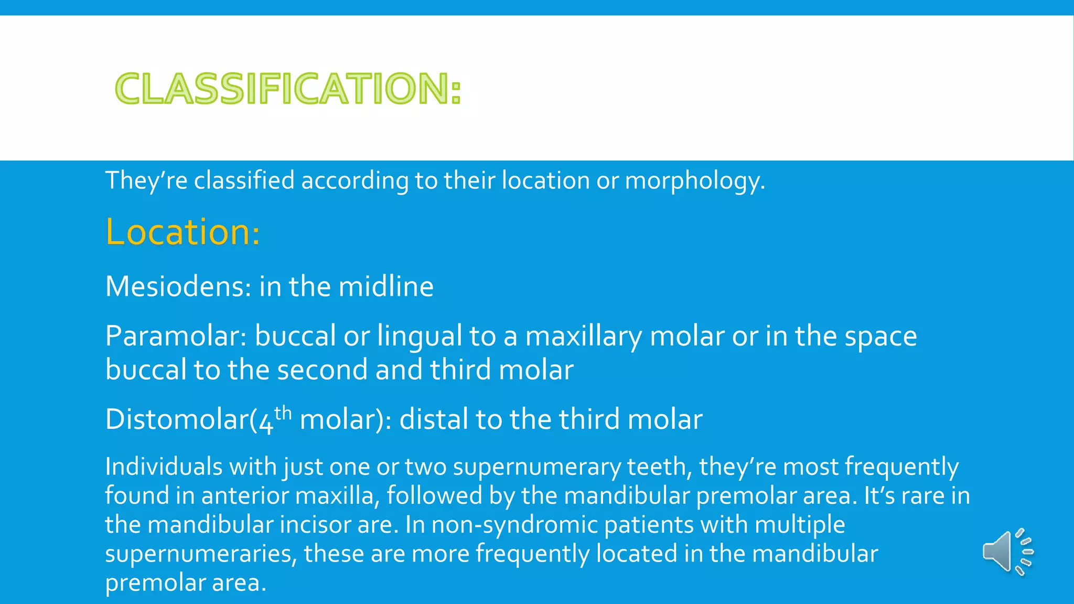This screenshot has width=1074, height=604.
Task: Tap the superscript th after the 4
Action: point(283,413)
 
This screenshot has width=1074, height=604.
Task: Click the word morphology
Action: point(694,181)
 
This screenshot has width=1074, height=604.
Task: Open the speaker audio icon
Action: point(1006,552)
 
